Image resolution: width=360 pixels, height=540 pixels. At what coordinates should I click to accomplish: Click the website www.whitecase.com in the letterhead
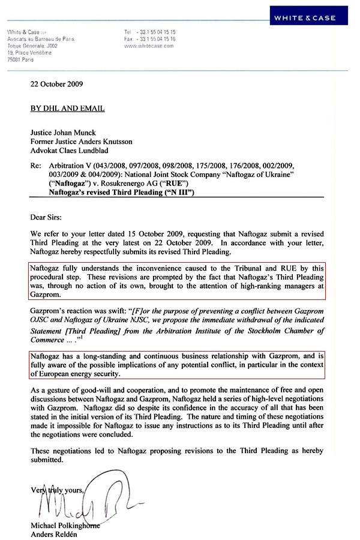[149, 45]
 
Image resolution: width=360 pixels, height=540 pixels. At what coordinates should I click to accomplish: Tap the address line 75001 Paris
[21, 59]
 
